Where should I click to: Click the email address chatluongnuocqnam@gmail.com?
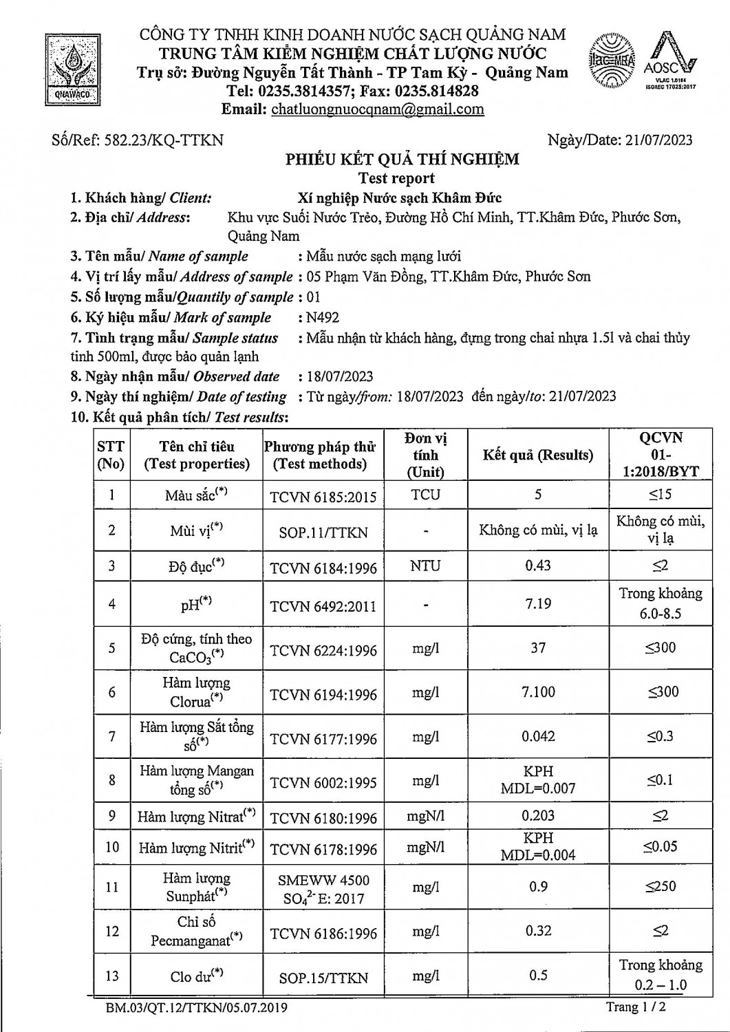tap(377, 109)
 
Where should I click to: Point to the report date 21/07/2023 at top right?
tap(658, 140)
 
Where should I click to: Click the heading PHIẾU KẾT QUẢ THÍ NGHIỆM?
tap(402, 160)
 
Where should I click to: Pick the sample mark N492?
tap(323, 318)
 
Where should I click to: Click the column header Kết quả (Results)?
tap(537, 455)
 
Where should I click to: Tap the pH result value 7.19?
tap(537, 603)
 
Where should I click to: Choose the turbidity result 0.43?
tap(537, 566)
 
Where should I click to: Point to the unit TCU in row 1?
tap(425, 495)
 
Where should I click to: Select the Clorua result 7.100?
tap(537, 691)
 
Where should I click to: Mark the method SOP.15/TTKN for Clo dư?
tap(323, 978)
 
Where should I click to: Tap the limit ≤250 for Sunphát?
tap(660, 886)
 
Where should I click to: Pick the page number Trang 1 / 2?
tap(635, 1007)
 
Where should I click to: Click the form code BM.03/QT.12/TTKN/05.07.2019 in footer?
tap(196, 1009)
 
